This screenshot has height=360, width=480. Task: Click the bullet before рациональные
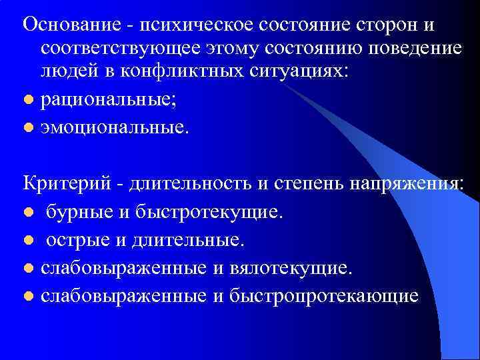[x=27, y=99]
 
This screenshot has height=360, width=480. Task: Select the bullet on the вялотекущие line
[x=27, y=268]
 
